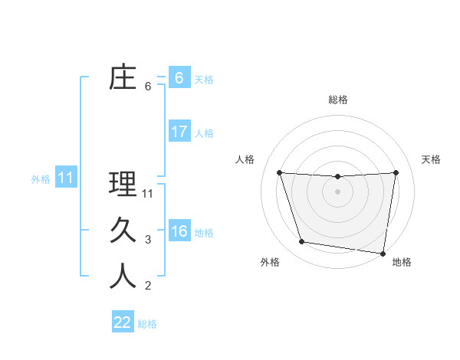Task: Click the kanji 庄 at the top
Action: click(x=123, y=78)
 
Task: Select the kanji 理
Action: click(x=123, y=185)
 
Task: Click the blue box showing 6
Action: click(x=179, y=78)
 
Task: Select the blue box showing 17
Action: click(x=179, y=132)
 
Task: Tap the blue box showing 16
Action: click(x=179, y=231)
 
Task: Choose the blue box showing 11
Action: click(x=65, y=178)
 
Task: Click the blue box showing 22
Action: click(x=123, y=322)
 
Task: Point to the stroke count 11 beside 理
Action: click(x=148, y=194)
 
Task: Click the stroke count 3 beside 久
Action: click(x=148, y=240)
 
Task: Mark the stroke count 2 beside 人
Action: click(x=148, y=286)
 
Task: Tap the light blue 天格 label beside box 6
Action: click(x=204, y=80)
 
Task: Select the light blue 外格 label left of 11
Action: click(x=41, y=179)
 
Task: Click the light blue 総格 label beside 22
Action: click(x=147, y=324)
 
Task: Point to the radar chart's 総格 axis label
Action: click(x=337, y=100)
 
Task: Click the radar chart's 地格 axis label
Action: click(x=402, y=262)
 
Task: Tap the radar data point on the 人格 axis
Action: click(x=279, y=173)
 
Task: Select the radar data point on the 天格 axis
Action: click(x=396, y=172)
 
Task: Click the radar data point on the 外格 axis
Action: click(x=301, y=242)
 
